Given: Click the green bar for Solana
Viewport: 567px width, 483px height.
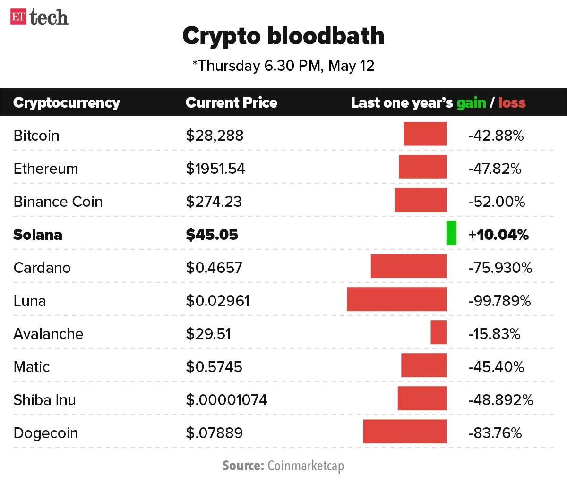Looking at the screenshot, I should pos(451,233).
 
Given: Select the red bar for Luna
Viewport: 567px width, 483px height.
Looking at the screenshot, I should pos(396,299).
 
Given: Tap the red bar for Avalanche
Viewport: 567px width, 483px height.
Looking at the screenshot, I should pos(438,332).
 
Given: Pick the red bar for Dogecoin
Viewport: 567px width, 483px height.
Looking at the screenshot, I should pos(404,431).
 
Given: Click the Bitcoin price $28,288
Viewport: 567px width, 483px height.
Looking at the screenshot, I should pos(215,136).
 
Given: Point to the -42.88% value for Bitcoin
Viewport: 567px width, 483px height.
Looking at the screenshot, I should pos(496,136).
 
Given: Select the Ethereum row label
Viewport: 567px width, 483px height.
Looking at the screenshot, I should pos(46,169).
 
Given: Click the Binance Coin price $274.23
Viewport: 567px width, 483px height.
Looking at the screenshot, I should pos(214,202).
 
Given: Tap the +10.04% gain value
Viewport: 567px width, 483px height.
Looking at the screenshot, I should pos(498,235).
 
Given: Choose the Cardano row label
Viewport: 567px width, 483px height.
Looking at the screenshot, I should pos(42,268).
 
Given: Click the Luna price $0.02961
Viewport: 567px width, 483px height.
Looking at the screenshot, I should pos(217,301).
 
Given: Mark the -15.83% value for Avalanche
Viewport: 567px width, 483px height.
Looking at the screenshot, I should pos(494,334).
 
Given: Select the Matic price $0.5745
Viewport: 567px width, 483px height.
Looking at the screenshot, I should pos(214,367).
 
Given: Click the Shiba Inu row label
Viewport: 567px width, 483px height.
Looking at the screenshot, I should pos(44,400).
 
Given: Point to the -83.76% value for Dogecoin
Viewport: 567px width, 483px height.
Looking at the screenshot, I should pos(495,433).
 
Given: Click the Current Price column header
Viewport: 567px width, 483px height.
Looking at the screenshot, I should pos(231,102).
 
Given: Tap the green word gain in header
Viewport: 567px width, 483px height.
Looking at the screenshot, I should pos(471,103).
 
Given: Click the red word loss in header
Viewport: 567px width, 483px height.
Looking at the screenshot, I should pos(512,102).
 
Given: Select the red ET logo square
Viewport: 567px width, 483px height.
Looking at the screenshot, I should pos(18,17).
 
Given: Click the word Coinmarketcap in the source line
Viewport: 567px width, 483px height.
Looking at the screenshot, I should pos(306,466).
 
